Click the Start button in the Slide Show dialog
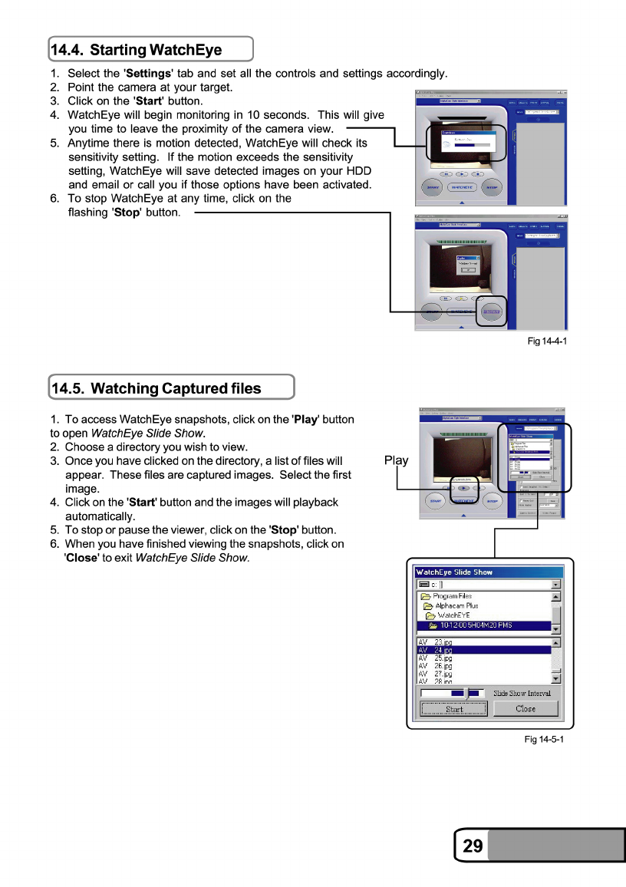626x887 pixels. (454, 709)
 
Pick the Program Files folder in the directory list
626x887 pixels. (452, 596)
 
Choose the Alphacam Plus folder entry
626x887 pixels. (456, 606)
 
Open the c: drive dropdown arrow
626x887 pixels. (556, 585)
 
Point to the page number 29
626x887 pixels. (473, 846)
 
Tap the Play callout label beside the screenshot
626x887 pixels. (396, 460)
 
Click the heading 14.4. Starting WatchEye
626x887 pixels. (137, 51)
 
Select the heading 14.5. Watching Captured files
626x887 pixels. (156, 388)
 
